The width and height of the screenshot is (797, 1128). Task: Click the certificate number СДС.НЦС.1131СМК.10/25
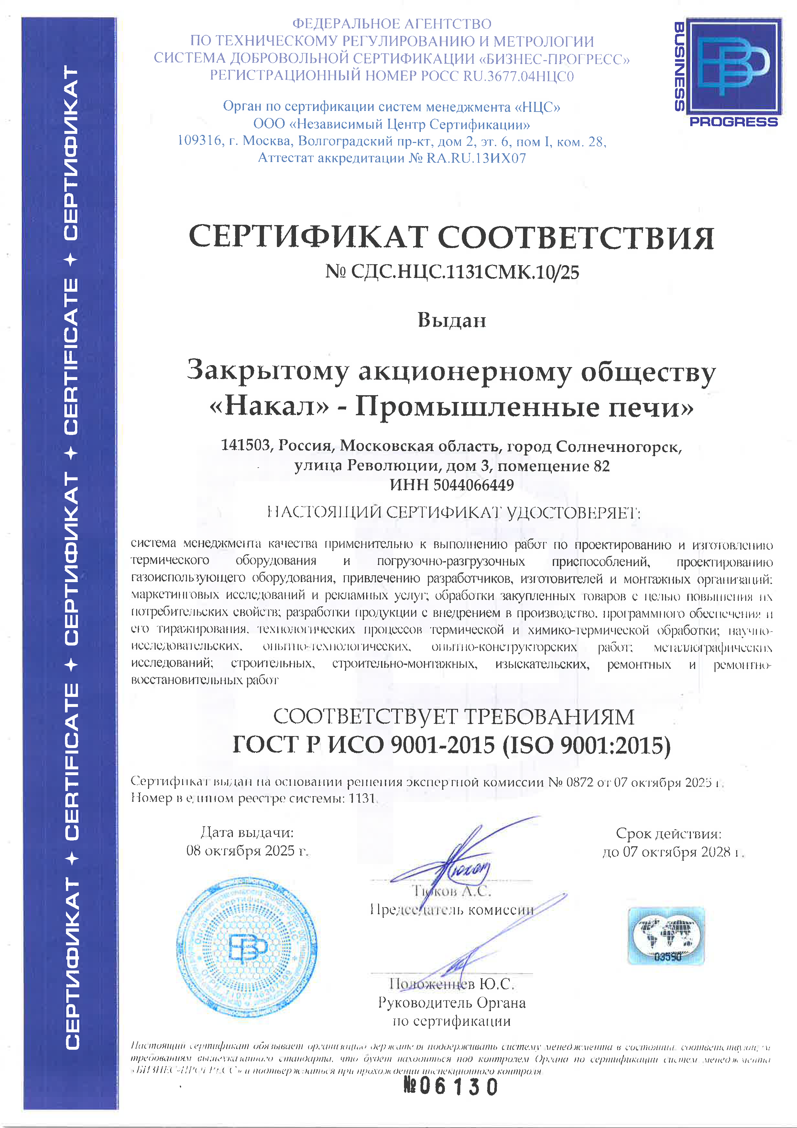(x=464, y=272)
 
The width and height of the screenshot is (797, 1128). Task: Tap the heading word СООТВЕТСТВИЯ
(x=575, y=238)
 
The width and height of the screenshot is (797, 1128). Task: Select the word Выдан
(x=452, y=320)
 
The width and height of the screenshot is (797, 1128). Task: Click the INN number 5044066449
(x=473, y=485)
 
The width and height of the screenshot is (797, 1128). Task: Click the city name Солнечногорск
(x=619, y=447)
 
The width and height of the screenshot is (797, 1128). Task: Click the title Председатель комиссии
(x=452, y=909)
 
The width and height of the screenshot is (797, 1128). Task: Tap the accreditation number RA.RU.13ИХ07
(x=476, y=158)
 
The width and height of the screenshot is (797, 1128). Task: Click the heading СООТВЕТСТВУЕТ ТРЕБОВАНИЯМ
(x=453, y=716)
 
